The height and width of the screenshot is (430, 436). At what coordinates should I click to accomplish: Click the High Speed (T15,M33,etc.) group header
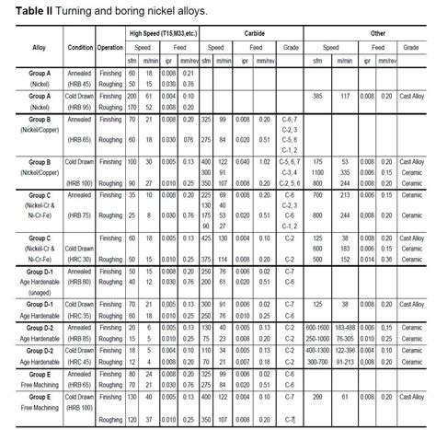point(161,33)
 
